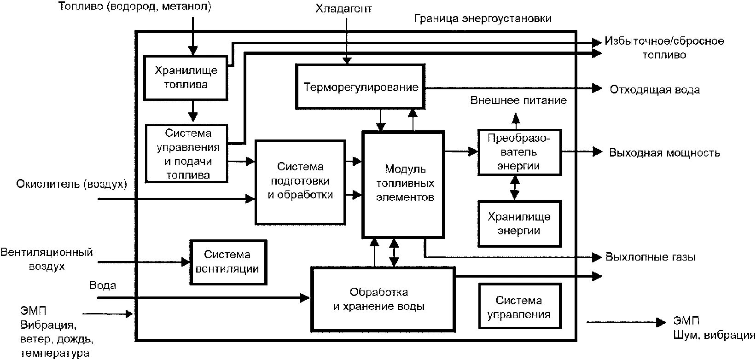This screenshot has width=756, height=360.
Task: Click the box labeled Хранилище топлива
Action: [x=186, y=77]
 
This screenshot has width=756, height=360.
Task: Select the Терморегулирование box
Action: [x=360, y=87]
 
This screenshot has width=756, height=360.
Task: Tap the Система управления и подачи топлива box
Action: [x=187, y=153]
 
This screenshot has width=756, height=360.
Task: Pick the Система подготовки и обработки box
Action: [x=300, y=181]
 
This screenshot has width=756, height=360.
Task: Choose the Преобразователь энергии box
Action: [x=519, y=152]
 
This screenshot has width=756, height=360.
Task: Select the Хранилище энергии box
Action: [x=519, y=223]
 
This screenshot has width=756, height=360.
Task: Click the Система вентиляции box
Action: [x=227, y=261]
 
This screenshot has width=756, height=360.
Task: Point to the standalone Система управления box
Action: [x=519, y=307]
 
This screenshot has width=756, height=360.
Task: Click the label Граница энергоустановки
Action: [x=483, y=19]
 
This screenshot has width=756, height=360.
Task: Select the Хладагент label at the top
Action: [x=343, y=9]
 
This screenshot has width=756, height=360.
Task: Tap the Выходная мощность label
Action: [x=664, y=153]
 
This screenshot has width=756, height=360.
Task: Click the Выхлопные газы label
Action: [x=651, y=257]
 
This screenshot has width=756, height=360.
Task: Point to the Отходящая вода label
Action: [x=654, y=89]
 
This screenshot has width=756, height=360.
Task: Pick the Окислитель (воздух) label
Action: [x=71, y=185]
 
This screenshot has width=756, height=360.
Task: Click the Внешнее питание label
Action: [x=518, y=100]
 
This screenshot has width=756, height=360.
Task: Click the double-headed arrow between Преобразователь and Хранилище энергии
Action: [x=515, y=188]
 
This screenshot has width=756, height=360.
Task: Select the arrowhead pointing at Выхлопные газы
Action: [x=598, y=257]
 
